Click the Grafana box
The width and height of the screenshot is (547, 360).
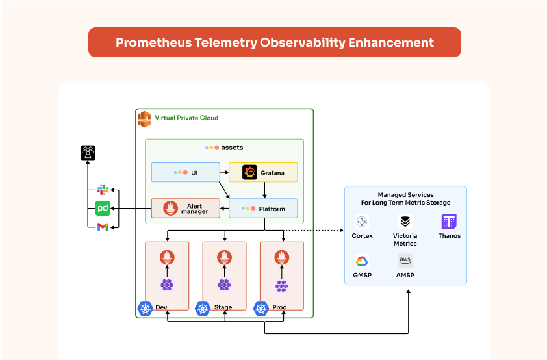263,172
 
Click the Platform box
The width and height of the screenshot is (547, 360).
263,209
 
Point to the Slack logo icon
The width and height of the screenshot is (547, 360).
103,190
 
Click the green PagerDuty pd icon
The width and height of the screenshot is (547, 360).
103,209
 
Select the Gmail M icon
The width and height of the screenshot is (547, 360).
103,227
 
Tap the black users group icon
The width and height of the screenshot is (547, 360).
88,153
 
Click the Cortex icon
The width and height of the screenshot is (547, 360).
362,222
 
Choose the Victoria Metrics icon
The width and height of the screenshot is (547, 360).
405,222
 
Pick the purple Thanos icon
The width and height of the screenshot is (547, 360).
449,222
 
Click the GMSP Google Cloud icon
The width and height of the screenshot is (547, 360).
362,261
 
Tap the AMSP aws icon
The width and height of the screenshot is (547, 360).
405,261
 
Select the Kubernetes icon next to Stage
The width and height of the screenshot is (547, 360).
203,307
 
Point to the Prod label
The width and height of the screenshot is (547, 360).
280,307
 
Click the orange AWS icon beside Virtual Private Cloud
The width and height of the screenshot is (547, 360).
144,118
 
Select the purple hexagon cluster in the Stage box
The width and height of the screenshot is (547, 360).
225,285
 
